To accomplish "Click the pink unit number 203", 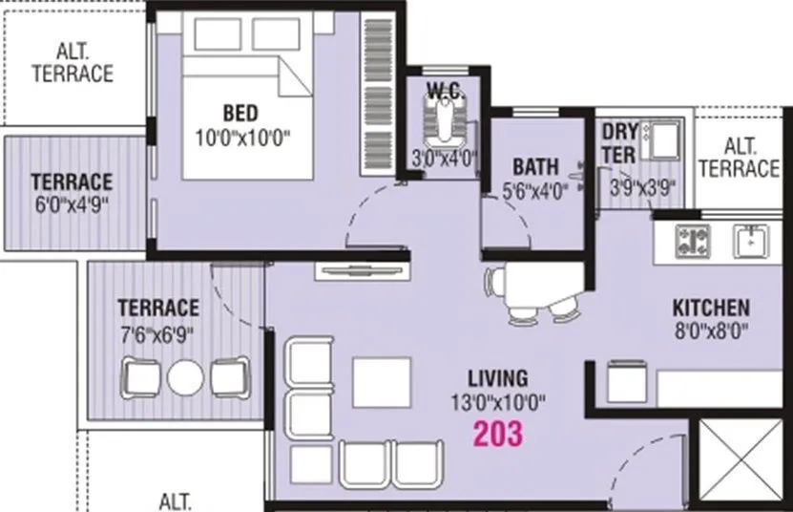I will pyautogui.click(x=497, y=434).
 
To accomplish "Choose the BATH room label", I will pyautogui.click(x=534, y=167).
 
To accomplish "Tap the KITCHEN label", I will pyautogui.click(x=711, y=309).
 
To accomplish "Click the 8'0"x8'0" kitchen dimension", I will pyautogui.click(x=711, y=332).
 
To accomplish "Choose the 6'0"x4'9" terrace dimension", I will pyautogui.click(x=72, y=204).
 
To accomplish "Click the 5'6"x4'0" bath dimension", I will pyautogui.click(x=534, y=189).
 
